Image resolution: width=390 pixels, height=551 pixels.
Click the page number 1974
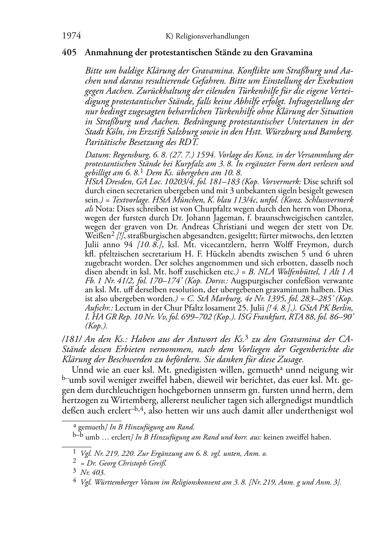(x=71, y=36)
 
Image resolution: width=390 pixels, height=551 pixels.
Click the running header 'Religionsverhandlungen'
(x=212, y=37)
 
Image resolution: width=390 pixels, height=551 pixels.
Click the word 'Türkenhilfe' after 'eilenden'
(x=252, y=91)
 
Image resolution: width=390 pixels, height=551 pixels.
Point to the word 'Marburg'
(x=220, y=298)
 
